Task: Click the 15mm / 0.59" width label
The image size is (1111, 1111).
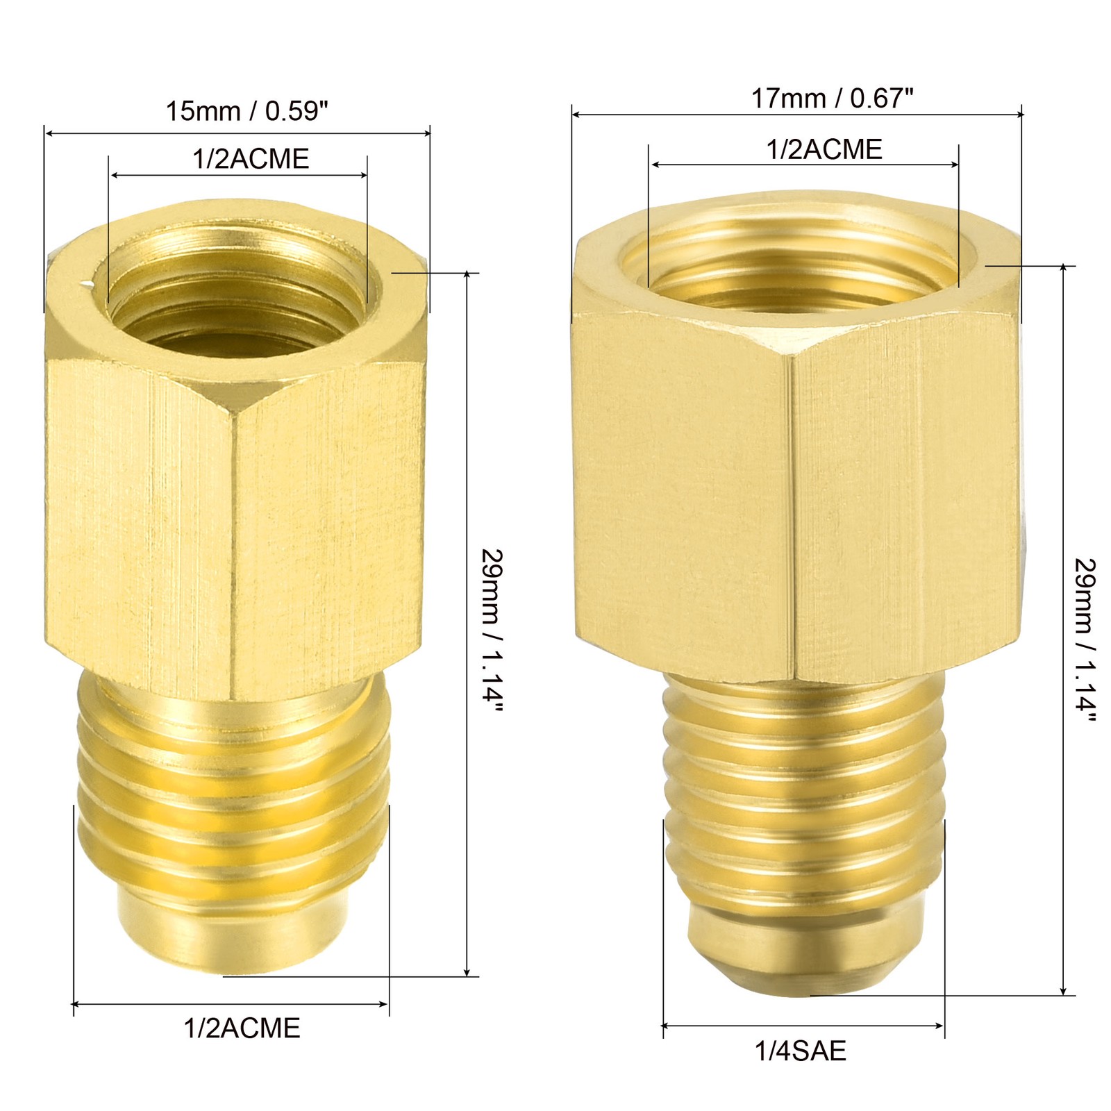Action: click(x=247, y=111)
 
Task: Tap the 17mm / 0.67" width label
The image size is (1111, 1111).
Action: click(x=831, y=99)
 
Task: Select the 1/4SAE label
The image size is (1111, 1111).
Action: click(x=801, y=1051)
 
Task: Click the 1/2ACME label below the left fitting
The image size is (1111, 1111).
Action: click(x=242, y=1028)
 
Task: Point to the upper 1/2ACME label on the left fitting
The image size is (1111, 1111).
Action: click(x=251, y=159)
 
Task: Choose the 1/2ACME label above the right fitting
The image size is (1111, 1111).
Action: click(x=824, y=150)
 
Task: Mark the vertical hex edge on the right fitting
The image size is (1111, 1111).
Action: click(x=793, y=514)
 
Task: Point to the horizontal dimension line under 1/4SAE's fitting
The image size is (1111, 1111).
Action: click(x=803, y=1025)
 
